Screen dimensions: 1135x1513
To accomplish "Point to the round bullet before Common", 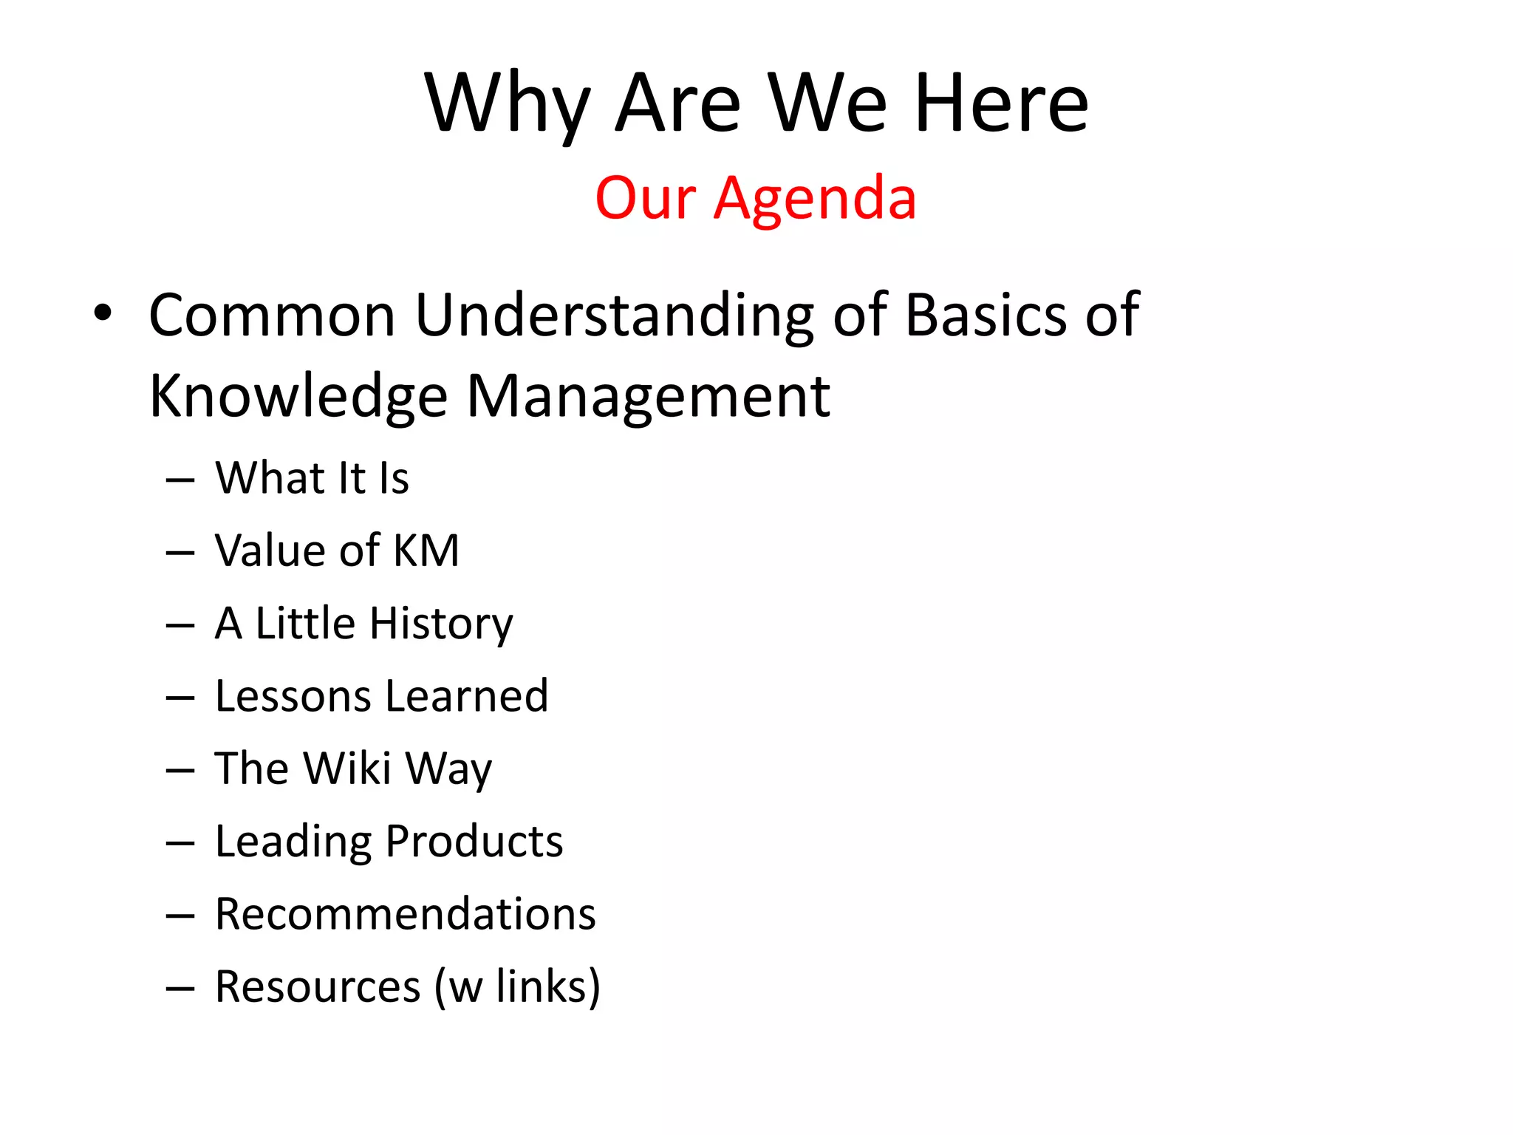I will [x=103, y=313].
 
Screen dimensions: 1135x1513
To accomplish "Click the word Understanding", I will [x=614, y=316].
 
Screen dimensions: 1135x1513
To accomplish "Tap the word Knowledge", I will [x=298, y=397].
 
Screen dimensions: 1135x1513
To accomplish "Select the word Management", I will [x=648, y=397].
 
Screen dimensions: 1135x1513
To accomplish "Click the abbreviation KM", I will [x=426, y=551].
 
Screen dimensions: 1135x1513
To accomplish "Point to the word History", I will [x=441, y=624].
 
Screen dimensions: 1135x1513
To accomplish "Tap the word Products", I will [x=474, y=841].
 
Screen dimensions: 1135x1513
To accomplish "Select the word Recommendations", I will [x=405, y=914].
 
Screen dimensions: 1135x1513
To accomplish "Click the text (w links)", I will [x=517, y=986].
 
